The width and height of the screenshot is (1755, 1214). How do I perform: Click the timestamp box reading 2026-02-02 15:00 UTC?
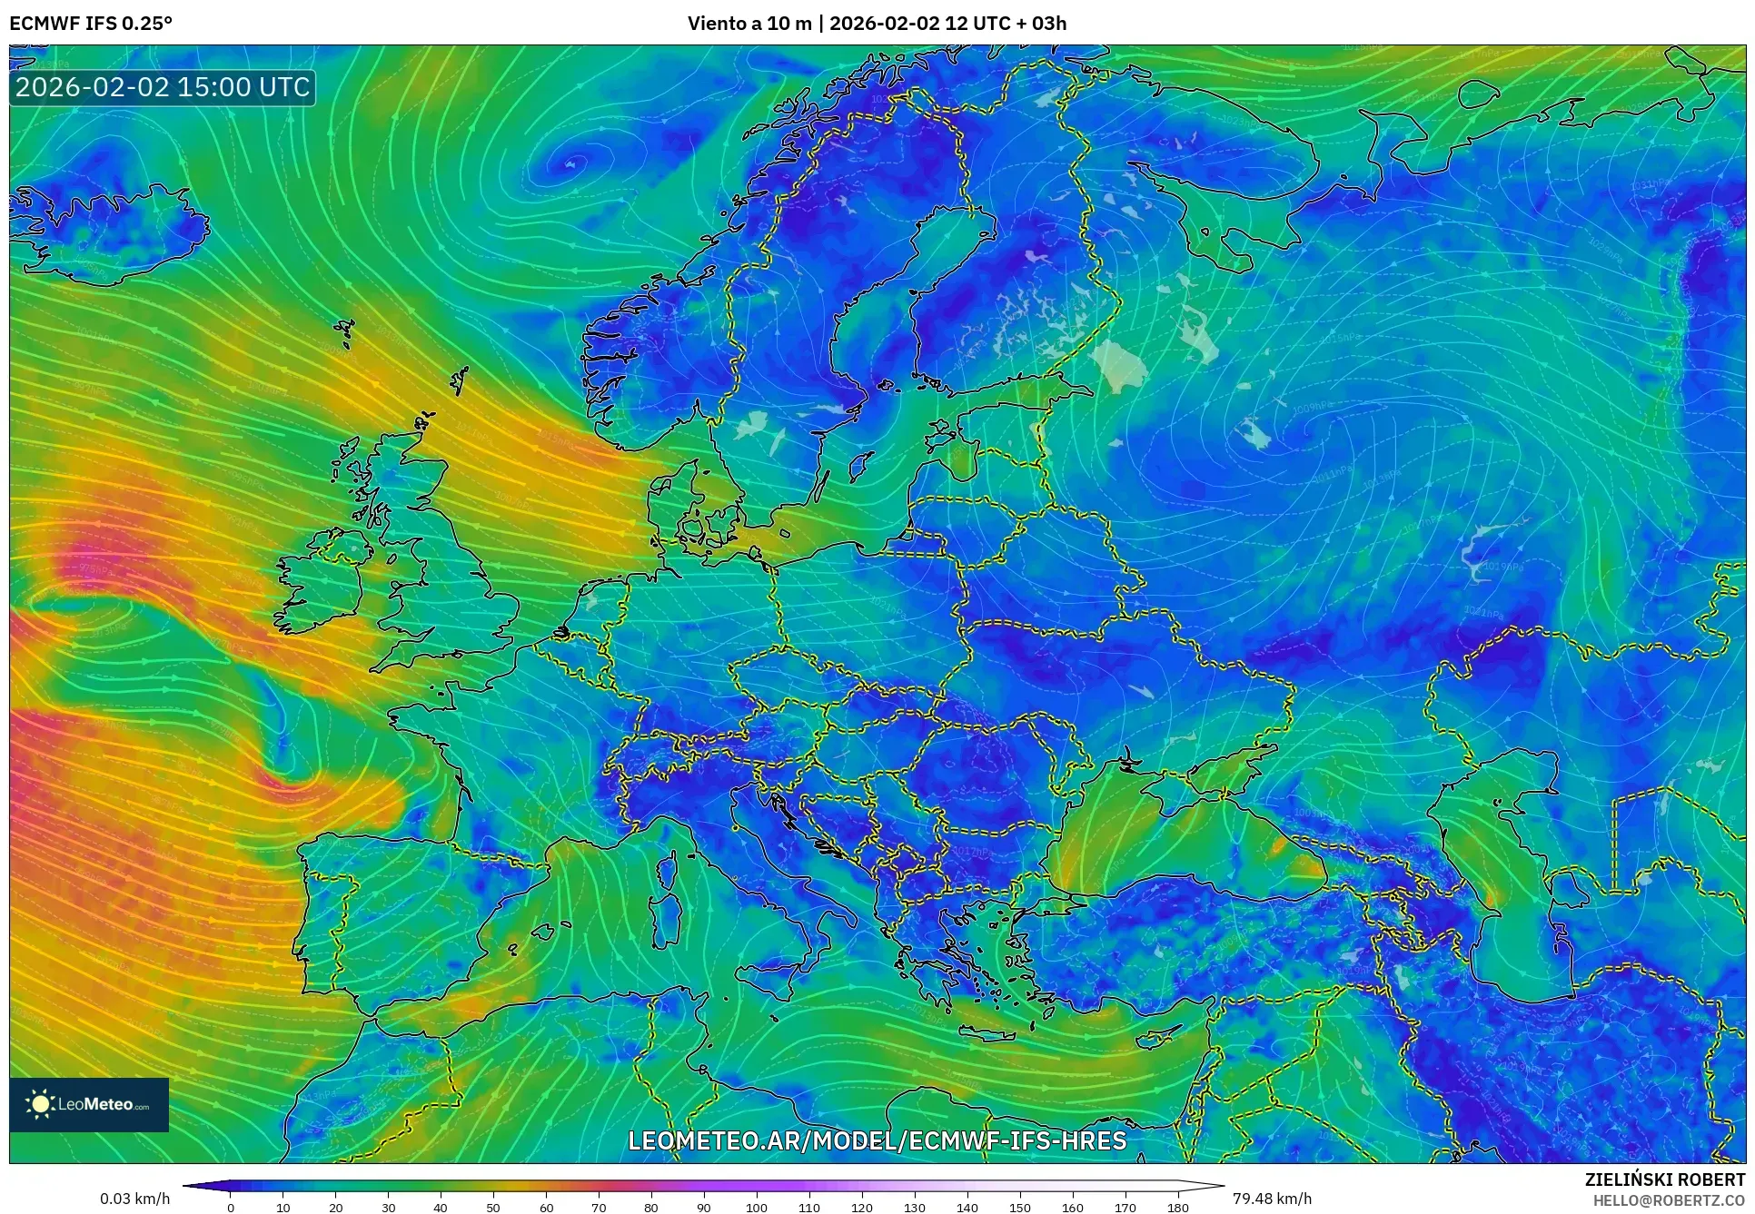[x=163, y=88]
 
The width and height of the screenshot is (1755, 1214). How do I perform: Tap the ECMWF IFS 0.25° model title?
[x=91, y=23]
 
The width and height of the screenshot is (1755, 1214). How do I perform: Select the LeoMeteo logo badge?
[x=89, y=1104]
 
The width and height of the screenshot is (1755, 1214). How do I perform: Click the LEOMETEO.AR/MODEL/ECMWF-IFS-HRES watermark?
[x=877, y=1140]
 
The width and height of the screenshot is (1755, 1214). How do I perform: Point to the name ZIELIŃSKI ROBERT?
[x=1664, y=1179]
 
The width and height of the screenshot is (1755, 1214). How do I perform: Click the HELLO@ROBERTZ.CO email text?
[x=1669, y=1200]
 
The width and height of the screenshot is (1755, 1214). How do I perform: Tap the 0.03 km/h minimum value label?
[x=134, y=1199]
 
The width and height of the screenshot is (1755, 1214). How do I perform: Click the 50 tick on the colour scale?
[x=493, y=1208]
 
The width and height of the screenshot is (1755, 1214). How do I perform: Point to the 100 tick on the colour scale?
[x=757, y=1208]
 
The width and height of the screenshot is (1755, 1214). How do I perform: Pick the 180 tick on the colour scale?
[x=1177, y=1208]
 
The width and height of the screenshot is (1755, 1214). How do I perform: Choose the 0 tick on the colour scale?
[x=231, y=1208]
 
